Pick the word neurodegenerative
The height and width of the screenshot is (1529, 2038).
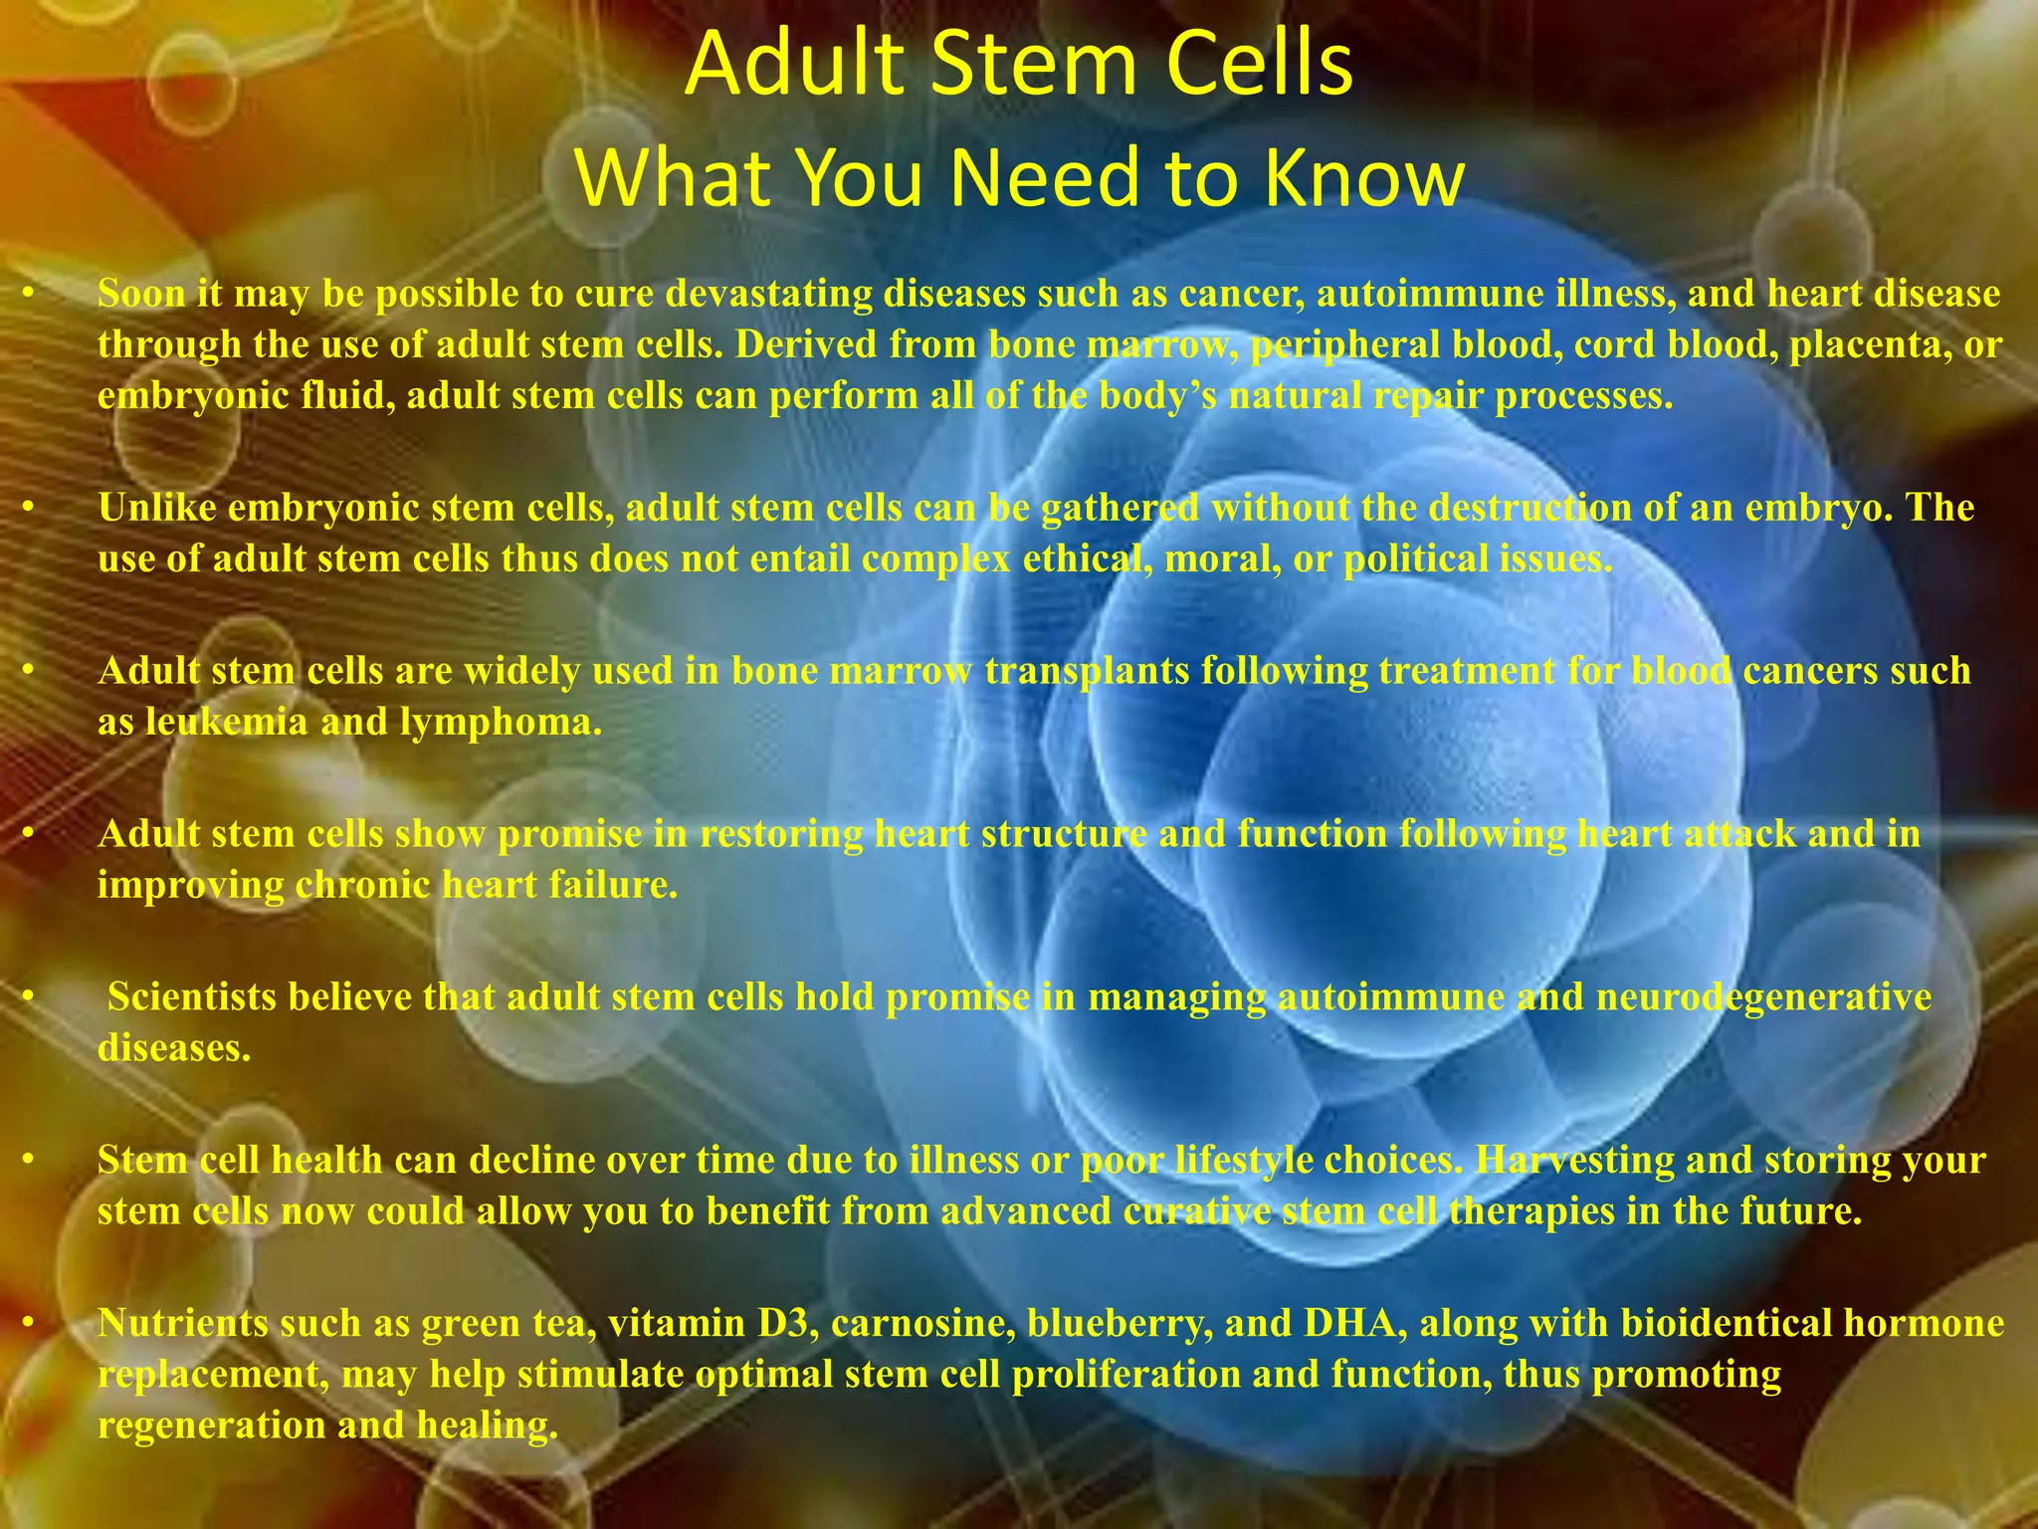click(x=1763, y=996)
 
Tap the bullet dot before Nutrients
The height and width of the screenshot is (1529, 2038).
click(x=30, y=1323)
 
